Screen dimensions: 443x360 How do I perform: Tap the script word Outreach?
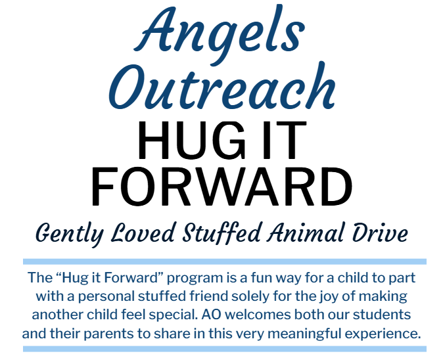point(222,86)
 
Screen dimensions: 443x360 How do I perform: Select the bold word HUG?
point(191,140)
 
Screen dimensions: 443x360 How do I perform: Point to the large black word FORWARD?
point(221,187)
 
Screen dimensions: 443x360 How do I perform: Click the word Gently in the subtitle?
point(70,234)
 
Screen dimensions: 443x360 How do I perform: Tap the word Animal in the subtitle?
point(306,233)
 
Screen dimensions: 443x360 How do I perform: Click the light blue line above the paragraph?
point(225,261)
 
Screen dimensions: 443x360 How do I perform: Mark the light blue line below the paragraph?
point(225,349)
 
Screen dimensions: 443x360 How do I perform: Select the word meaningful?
point(304,334)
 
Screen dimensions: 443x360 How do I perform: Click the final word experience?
point(383,334)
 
